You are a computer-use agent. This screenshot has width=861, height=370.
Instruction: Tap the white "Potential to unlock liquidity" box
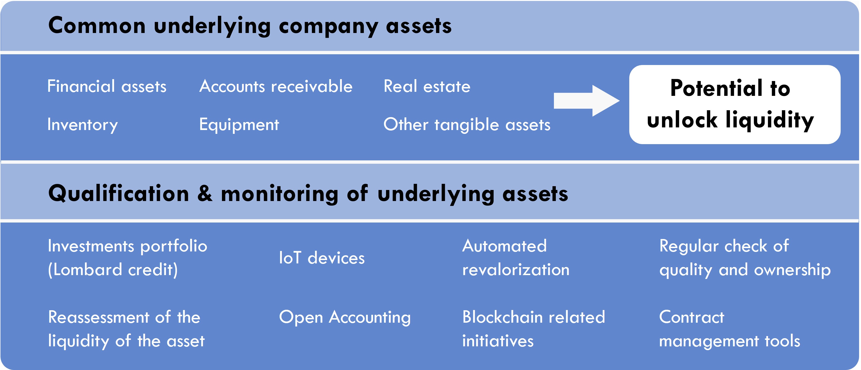tap(735, 104)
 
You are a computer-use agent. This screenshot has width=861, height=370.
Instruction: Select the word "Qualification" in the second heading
tap(119, 194)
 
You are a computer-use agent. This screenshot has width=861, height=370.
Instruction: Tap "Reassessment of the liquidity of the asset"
tap(126, 329)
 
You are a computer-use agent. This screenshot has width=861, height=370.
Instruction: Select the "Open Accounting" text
tap(345, 317)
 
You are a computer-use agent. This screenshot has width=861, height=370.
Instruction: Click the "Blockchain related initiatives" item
tap(533, 329)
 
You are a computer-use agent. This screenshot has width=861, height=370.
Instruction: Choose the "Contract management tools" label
tap(730, 329)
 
